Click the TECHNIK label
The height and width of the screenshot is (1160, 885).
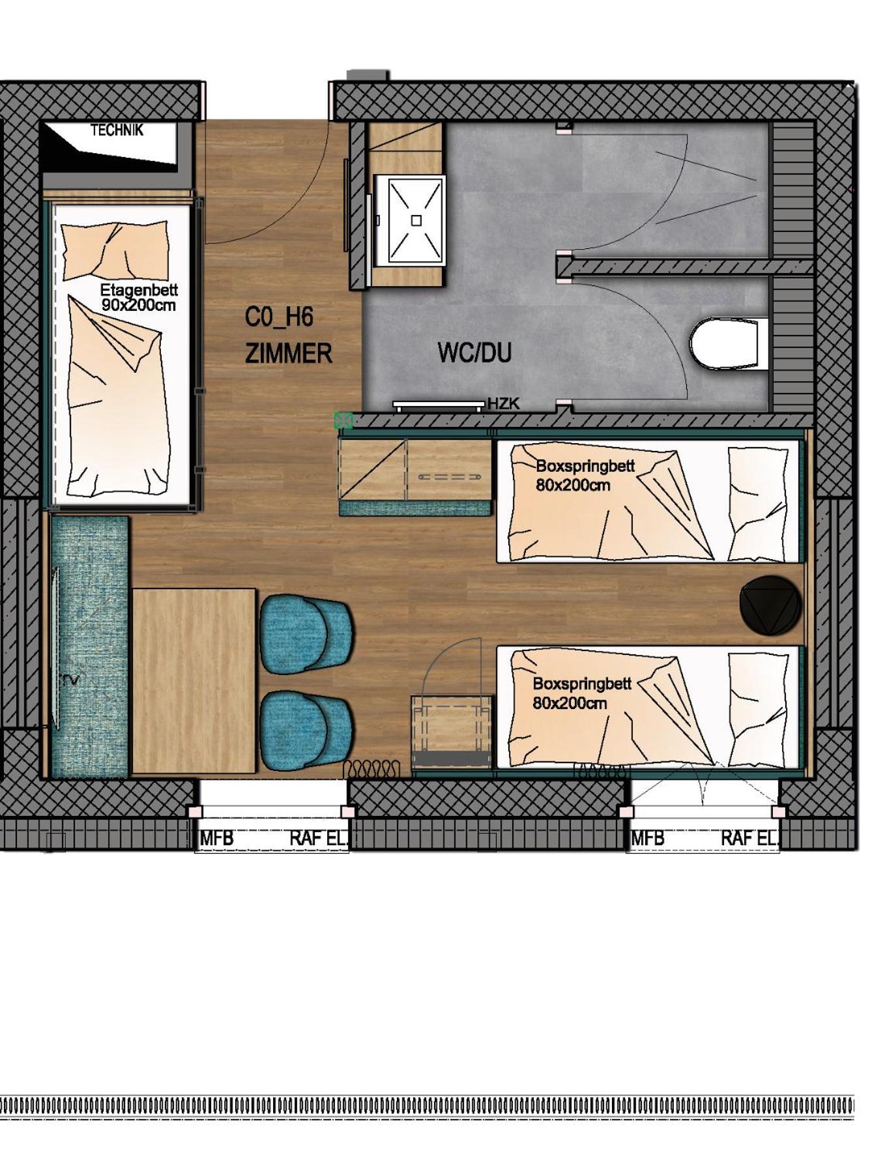coord(117,130)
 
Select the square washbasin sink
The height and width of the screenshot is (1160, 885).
coord(416,220)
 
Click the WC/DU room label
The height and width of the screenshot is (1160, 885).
coord(474,353)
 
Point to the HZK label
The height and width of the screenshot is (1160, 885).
coord(504,403)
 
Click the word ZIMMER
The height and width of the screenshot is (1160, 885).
coord(289,354)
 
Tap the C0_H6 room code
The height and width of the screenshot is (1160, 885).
coord(279,317)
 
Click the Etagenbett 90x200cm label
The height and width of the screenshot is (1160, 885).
coord(139,297)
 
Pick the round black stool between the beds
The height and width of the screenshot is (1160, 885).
coord(770,604)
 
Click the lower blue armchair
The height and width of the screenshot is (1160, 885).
coord(306,728)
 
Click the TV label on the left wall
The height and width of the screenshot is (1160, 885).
coord(70,680)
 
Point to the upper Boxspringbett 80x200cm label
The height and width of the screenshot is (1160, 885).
coord(585,476)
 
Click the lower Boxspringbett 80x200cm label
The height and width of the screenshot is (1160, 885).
coord(582,693)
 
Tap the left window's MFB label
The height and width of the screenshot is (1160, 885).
coord(216,838)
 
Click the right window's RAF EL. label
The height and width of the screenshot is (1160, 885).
coord(749,838)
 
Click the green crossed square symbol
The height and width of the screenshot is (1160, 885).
coord(343,420)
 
